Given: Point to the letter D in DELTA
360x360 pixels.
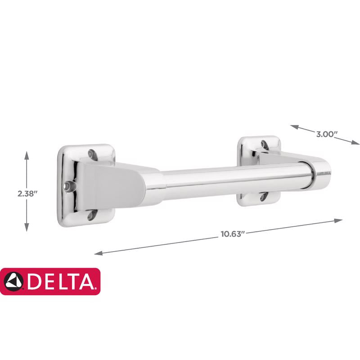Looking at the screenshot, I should click(34, 282).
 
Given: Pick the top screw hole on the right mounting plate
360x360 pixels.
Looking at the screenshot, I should click(264, 144).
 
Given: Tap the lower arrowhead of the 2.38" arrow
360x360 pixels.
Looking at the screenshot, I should click(27, 229).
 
